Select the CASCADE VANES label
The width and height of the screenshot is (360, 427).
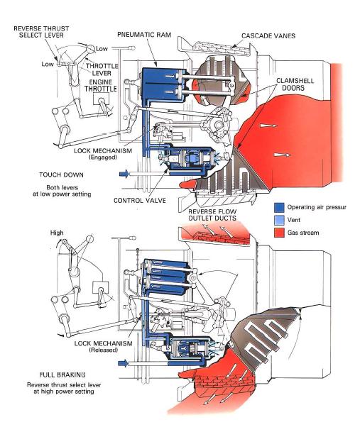(x=269, y=35)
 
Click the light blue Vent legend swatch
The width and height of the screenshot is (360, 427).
(x=279, y=221)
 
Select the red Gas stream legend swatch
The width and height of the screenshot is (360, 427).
(x=279, y=232)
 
